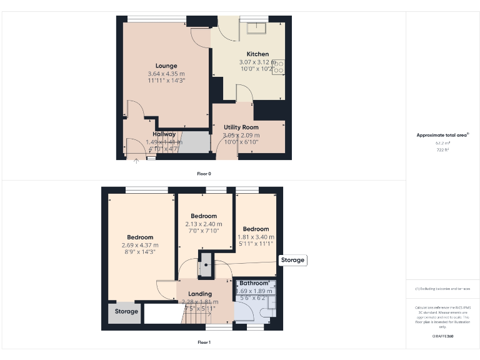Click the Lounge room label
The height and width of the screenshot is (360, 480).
166,66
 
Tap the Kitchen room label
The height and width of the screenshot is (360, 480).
257,54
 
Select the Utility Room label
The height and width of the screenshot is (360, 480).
241,127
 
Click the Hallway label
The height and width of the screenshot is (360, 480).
164,134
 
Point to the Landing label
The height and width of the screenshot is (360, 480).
200,294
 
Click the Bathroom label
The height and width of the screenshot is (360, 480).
254,283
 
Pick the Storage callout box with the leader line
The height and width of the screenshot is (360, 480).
292,260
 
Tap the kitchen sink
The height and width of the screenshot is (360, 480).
256,28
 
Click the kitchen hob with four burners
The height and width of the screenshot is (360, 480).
279,66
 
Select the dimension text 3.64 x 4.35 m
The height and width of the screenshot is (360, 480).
166,74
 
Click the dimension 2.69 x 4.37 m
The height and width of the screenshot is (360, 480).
140,245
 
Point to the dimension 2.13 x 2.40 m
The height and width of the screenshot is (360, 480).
204,224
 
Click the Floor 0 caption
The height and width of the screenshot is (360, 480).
204,173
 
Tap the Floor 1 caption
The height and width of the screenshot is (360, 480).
204,342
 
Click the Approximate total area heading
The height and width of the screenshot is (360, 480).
442,135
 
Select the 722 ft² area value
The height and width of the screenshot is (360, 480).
442,150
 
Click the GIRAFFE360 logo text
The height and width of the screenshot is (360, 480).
442,336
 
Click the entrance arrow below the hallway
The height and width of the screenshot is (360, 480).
136,161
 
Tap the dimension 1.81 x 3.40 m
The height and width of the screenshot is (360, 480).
256,237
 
